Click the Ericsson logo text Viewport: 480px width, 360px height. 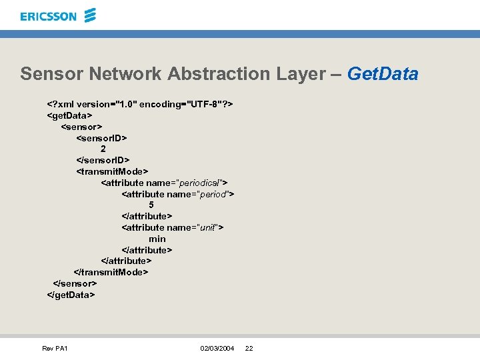(x=48, y=16)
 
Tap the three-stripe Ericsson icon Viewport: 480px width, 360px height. (x=91, y=15)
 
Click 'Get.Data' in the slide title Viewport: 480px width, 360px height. (x=383, y=73)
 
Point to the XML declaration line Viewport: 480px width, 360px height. (x=139, y=104)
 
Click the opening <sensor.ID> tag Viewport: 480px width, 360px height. (x=101, y=138)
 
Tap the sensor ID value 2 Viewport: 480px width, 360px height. (x=103, y=149)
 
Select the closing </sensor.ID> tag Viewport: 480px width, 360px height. (x=103, y=160)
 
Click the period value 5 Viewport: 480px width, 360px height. (x=151, y=205)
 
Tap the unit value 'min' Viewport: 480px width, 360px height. (x=157, y=239)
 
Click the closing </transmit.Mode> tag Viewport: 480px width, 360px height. (x=110, y=272)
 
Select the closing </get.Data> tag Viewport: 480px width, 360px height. (x=71, y=294)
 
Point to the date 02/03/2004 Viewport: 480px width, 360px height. (x=217, y=349)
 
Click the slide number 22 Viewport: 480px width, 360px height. (x=249, y=349)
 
